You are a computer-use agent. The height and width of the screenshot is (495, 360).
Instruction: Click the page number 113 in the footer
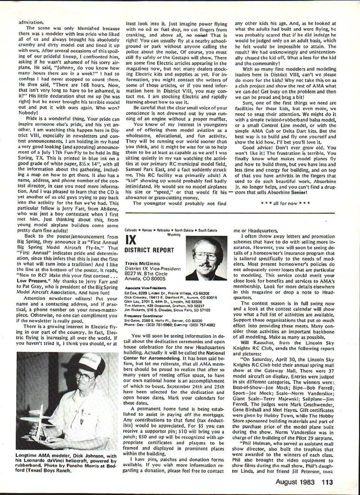327,482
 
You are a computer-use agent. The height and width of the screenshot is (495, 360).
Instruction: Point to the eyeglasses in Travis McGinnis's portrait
206,256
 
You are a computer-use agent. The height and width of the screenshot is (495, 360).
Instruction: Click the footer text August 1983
295,482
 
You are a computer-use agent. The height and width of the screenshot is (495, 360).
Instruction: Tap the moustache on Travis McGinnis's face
206,265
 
